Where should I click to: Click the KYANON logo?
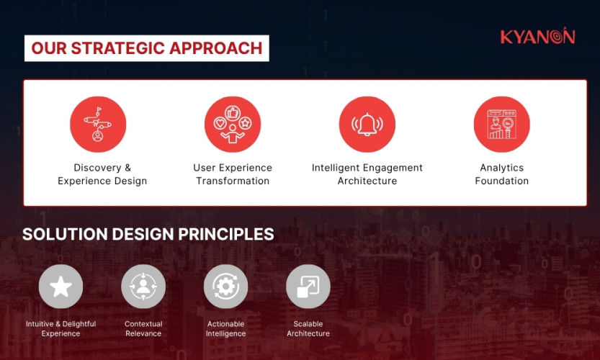(537, 37)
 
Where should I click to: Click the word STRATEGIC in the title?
(118, 49)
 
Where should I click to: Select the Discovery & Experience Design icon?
(98, 125)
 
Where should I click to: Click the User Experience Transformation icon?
(233, 125)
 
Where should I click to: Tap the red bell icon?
(367, 125)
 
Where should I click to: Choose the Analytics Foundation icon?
(502, 125)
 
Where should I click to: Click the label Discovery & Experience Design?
(102, 174)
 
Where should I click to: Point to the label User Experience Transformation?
(233, 174)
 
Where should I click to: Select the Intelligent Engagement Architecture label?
(367, 174)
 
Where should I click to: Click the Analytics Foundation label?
(502, 174)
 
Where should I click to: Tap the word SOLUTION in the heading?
(60, 235)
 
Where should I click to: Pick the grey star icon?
(61, 287)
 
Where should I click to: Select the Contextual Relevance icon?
(143, 287)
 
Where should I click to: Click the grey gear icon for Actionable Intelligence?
(225, 287)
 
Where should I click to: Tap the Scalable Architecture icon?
(308, 287)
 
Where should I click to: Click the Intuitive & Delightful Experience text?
(61, 329)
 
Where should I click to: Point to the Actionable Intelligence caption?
(225, 329)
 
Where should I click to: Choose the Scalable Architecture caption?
(308, 329)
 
